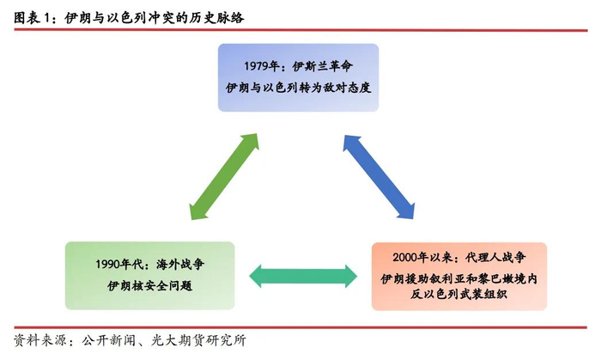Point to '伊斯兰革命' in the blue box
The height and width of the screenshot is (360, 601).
pyautogui.click(x=323, y=67)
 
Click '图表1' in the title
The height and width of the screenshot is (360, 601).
pyautogui.click(x=33, y=15)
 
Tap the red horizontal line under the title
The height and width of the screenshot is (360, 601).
pyautogui.click(x=300, y=31)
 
